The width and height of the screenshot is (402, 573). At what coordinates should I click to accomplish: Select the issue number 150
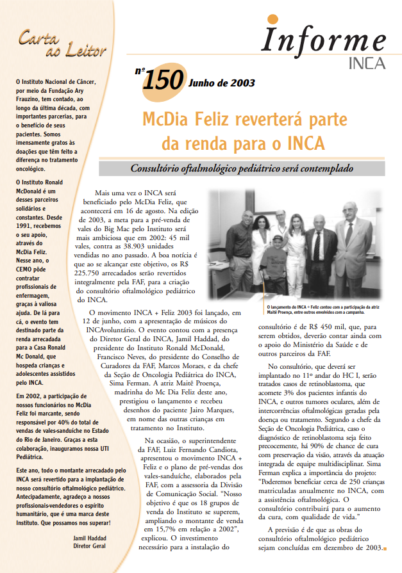pyautogui.click(x=163, y=81)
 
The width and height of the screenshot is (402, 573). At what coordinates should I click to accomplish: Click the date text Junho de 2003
pyautogui.click(x=221, y=83)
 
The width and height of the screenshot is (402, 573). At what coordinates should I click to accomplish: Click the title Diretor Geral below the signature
pyautogui.click(x=88, y=546)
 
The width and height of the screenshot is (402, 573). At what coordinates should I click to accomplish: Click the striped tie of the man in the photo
pyautogui.click(x=316, y=246)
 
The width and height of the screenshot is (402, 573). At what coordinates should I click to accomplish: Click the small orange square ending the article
pyautogui.click(x=383, y=548)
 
